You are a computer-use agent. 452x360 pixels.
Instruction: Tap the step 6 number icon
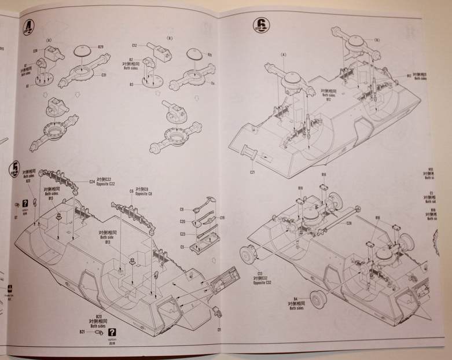click(x=262, y=24)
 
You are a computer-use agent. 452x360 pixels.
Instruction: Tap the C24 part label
click(x=91, y=181)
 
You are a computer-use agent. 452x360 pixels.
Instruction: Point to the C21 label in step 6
click(x=253, y=172)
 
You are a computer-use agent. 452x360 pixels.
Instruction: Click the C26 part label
click(x=349, y=223)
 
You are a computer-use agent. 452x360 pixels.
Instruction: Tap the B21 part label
click(x=82, y=332)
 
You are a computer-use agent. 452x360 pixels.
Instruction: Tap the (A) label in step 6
click(x=284, y=56)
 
